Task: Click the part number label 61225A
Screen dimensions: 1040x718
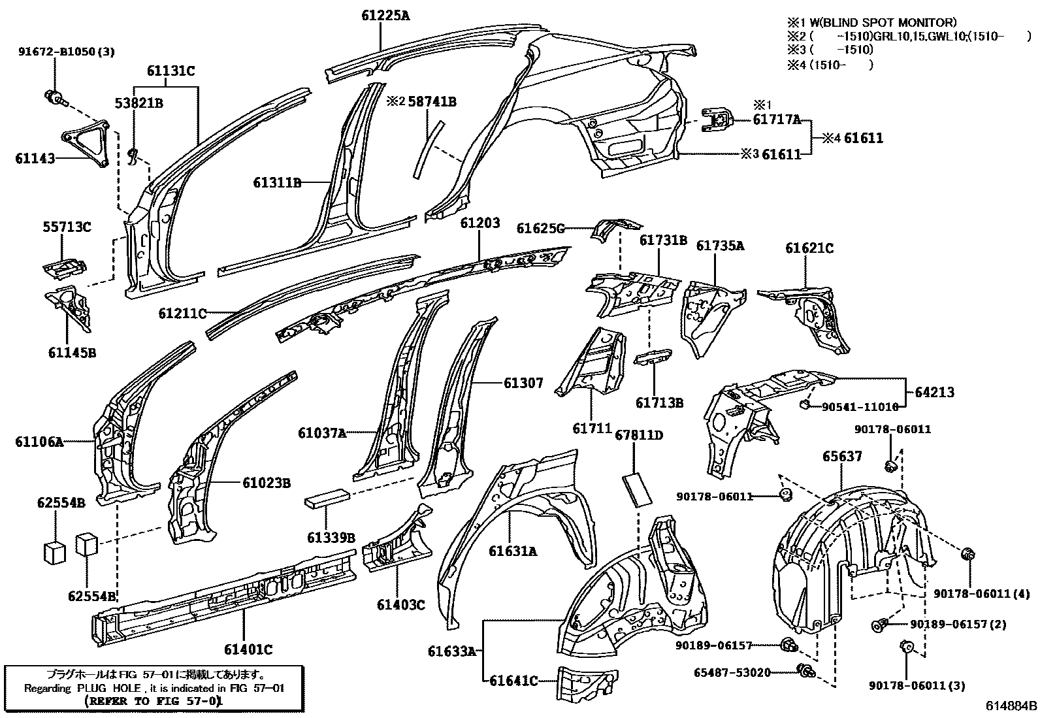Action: click(386, 16)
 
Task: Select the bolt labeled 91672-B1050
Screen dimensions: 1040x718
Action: click(56, 98)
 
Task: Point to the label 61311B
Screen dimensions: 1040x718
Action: click(277, 183)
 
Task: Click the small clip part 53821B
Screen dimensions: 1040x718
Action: click(133, 157)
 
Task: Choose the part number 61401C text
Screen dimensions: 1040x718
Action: click(248, 649)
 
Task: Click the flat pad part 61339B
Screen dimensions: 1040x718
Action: click(327, 497)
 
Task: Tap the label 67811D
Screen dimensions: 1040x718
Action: click(639, 435)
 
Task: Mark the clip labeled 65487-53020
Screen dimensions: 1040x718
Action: click(807, 670)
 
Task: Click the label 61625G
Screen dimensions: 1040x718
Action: click(540, 229)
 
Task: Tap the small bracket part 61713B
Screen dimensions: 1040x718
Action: click(654, 357)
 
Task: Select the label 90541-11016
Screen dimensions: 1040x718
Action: click(860, 407)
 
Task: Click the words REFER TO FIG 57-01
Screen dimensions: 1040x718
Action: click(154, 701)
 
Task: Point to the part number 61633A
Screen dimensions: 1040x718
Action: click(452, 651)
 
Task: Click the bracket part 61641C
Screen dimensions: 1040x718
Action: click(587, 683)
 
